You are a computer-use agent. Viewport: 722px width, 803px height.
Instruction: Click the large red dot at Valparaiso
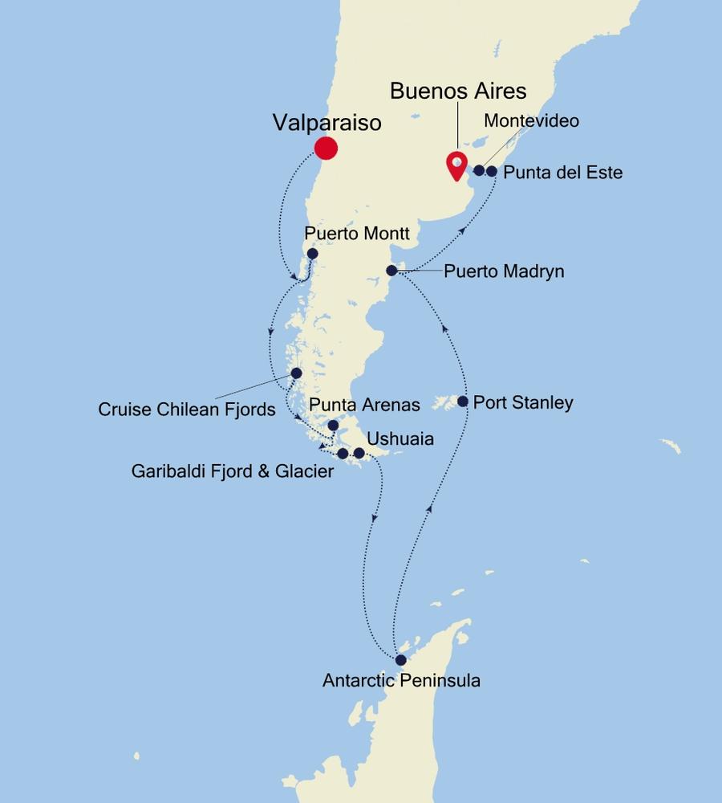coord(325,148)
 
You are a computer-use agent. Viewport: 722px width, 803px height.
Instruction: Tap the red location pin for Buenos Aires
coord(456,165)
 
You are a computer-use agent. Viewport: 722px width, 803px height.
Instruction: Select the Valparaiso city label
coord(327,123)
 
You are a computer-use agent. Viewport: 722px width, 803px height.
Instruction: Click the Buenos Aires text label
coord(458,90)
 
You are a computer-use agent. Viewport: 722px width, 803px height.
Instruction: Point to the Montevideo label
coord(530,121)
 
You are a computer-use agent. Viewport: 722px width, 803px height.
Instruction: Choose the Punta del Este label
coord(563,172)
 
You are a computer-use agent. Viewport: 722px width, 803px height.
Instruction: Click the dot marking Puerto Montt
coord(313,254)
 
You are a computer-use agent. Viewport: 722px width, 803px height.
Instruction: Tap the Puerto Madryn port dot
coord(391,271)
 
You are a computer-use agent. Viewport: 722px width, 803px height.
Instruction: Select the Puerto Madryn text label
coord(504,271)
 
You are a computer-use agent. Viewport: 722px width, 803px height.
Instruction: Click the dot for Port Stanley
coord(463,401)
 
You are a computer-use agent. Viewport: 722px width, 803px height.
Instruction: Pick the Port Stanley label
coord(523,401)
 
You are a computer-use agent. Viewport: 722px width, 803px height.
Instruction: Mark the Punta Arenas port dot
coord(334,426)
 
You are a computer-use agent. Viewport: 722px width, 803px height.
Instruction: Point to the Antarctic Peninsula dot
coord(400,660)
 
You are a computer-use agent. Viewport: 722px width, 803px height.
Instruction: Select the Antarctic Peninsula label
coord(401,681)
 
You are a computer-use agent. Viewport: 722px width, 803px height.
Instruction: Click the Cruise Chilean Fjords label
coord(187,410)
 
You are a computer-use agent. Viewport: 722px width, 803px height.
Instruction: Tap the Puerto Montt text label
coord(357,234)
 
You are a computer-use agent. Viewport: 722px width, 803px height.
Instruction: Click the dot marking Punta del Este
coord(492,170)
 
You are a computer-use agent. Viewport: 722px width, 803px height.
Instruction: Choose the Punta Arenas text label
coord(364,406)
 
